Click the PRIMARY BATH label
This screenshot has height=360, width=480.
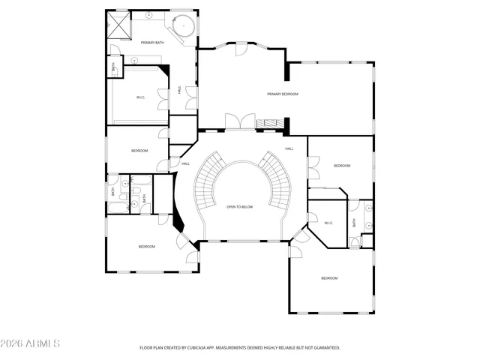pos(151,43)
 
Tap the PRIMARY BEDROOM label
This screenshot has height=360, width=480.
pos(283,94)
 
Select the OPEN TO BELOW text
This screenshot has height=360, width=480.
pos(240,207)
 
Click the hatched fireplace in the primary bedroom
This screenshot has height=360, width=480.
pos(268,123)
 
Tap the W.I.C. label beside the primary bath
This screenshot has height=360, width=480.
pos(140,97)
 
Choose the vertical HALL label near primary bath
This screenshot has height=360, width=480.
pos(179,90)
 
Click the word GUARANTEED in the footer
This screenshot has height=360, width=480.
pos(323,348)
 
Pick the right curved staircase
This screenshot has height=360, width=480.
pos(277,180)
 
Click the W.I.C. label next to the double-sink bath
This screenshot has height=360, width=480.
pos(328,223)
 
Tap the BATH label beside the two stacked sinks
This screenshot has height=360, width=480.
pos(355,222)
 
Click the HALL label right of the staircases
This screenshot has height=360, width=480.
pos(289,149)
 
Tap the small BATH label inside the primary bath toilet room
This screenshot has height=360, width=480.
pos(113,67)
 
